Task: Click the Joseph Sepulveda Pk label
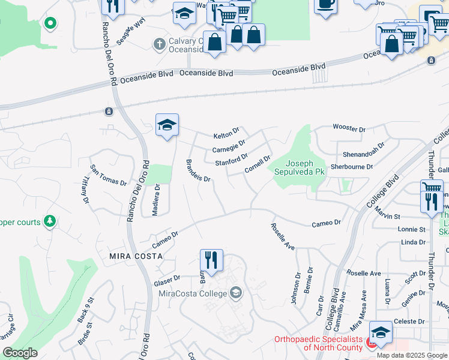[x=304, y=167]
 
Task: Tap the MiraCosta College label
[x=193, y=293]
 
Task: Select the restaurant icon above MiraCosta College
[x=211, y=260]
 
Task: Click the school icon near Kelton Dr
[x=167, y=125]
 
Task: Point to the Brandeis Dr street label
[x=197, y=171]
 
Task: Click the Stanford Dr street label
[x=231, y=160]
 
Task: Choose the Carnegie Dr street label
[x=229, y=146]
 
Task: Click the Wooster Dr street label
[x=349, y=129]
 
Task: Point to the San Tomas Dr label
[x=108, y=175]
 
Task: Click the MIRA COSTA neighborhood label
[x=136, y=256]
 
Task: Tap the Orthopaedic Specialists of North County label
[x=318, y=343]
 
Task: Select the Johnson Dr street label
[x=297, y=289]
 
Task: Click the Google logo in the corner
[x=20, y=353]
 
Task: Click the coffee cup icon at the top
[x=326, y=4]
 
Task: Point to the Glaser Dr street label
[x=167, y=280]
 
